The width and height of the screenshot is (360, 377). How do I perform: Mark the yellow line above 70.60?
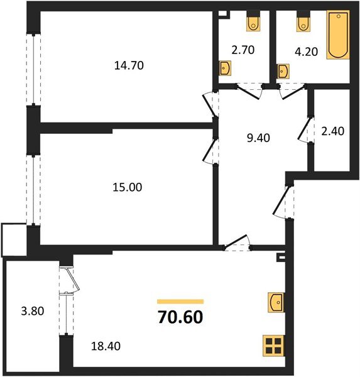[x=180, y=302]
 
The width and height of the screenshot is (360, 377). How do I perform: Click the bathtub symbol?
[x=337, y=36]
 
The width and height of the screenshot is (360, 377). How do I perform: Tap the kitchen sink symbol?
[x=276, y=302]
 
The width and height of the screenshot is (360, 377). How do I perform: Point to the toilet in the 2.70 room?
[x=253, y=22]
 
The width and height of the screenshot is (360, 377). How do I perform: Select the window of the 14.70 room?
[x=30, y=69]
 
